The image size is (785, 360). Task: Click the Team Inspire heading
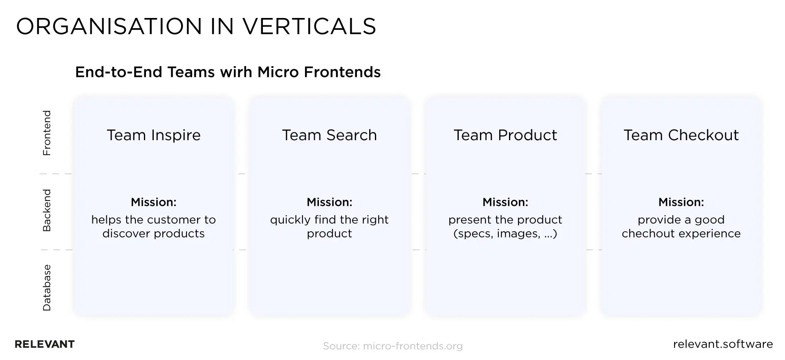[x=154, y=135]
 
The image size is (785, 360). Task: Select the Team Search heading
[x=330, y=135]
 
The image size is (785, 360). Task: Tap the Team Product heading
[x=505, y=135]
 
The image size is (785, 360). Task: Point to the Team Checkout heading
[x=681, y=135]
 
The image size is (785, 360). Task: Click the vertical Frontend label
[x=47, y=133]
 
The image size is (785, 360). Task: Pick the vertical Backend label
[x=47, y=210]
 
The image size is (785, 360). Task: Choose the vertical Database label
[x=47, y=288]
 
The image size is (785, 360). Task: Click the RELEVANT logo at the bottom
[x=45, y=344]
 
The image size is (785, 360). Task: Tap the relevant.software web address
[x=723, y=344]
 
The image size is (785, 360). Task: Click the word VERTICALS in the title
[x=309, y=27]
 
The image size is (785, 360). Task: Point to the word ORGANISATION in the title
[x=109, y=27]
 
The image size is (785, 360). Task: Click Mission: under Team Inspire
[x=154, y=202]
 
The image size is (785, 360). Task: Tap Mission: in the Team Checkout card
[x=681, y=202]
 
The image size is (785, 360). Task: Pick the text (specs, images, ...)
[x=505, y=234]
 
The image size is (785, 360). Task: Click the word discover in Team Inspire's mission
[x=126, y=233]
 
